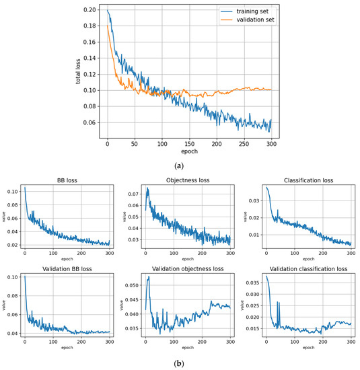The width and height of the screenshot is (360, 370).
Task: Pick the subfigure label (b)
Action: [x=180, y=363]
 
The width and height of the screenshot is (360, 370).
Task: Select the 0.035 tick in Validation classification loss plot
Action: [x=254, y=284]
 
